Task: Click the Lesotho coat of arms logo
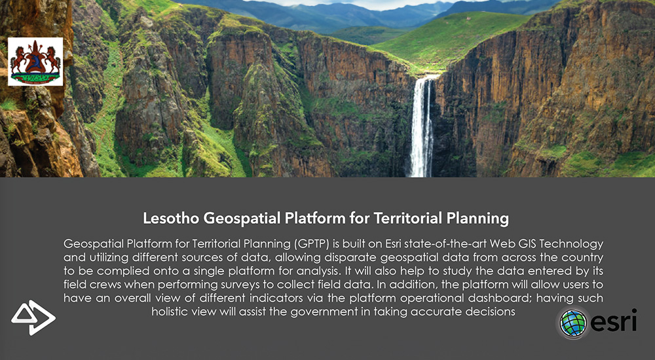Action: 35,62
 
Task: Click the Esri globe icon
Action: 573,323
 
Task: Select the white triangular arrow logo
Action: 33,317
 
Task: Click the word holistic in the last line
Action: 170,312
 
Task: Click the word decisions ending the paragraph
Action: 491,312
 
